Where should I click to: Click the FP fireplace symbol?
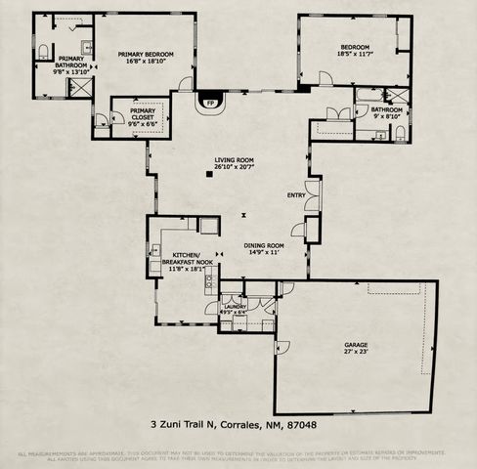pos(209,101)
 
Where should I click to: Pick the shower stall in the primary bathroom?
pos(76,87)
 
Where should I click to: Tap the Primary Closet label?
pos(139,111)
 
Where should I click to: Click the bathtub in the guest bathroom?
pos(369,95)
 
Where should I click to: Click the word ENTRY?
pos(296,195)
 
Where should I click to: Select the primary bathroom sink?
pos(85,47)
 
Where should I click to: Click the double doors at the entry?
pos(311,195)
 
